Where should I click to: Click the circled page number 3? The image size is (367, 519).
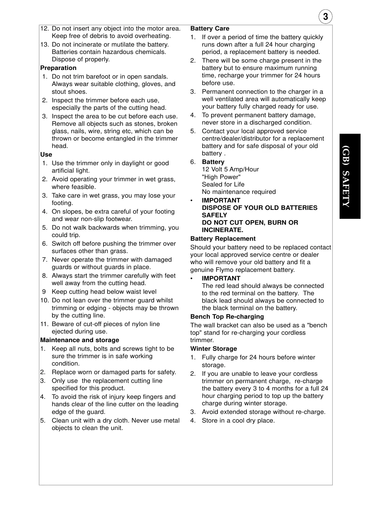pyautogui.click(x=325, y=17)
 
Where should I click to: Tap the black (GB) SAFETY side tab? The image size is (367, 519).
pyautogui.click(x=350, y=176)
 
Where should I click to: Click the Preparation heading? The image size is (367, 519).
pyautogui.click(x=58, y=68)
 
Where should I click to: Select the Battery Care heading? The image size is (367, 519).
pyautogui.click(x=210, y=29)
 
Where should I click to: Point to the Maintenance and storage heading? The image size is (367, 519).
pyautogui.click(x=80, y=340)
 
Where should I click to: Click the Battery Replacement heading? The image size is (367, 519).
pyautogui.click(x=223, y=239)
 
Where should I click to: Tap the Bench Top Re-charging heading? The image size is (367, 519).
pyautogui.click(x=227, y=317)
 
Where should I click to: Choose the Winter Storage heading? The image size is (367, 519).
pyautogui.click(x=214, y=349)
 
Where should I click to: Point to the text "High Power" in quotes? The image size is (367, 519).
pyautogui.click(x=221, y=177)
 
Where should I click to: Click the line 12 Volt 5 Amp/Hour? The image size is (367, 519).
pyautogui.click(x=230, y=170)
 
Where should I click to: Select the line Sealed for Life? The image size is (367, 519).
pyautogui.click(x=223, y=185)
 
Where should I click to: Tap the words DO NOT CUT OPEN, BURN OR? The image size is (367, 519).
pyautogui.click(x=250, y=223)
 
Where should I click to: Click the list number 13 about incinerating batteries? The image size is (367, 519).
pyautogui.click(x=44, y=45)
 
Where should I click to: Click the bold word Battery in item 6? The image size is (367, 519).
pyautogui.click(x=213, y=162)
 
